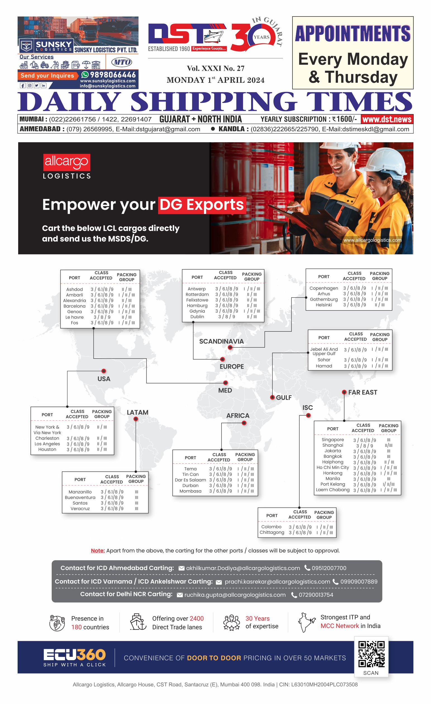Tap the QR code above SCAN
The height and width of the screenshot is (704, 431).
pos(371,654)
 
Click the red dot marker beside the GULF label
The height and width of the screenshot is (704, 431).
pos(272,397)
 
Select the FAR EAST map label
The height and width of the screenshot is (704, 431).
pos(363,392)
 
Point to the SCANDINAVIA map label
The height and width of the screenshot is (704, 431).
pos(221,342)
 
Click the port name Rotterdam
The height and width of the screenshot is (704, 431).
pos(197,294)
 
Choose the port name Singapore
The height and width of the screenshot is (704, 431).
pos(333,440)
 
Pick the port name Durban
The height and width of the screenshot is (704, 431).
pos(191,485)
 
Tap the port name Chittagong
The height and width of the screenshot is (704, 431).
pos(272,533)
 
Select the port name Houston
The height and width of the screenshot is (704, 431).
pos(47,449)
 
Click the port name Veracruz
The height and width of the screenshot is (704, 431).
pos(80,509)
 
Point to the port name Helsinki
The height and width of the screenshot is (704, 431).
pos(324,305)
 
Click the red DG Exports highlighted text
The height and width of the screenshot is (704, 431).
pos(202,205)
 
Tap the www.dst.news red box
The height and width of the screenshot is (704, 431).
pos(387,119)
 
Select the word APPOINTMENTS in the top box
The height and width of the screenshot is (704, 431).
pos(353,34)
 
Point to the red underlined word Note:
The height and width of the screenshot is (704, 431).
pos(98,551)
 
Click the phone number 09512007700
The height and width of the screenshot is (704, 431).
pos(329,568)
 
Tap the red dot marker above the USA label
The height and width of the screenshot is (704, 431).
pos(104,371)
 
